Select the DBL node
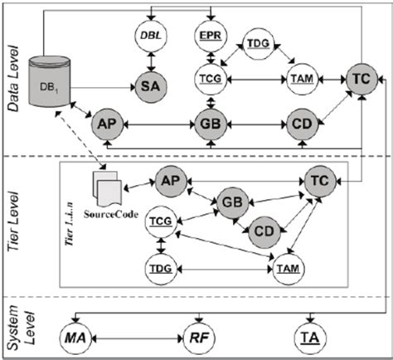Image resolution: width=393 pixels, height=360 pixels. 151,36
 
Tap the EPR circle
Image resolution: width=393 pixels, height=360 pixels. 211,36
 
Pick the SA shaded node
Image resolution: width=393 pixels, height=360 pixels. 151,87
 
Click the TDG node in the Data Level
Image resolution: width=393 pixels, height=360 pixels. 258,43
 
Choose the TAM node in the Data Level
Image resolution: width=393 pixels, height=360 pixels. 302,80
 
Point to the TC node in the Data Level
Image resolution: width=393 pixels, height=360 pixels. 361,79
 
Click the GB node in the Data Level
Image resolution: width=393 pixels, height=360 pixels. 211,124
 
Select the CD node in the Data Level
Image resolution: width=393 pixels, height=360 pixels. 302,124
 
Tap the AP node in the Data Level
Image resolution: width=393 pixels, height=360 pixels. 108,124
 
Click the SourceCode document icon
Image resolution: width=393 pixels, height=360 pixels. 106,189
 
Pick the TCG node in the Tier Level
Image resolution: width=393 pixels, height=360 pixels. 161,221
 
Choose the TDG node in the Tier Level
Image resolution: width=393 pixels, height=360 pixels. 161,269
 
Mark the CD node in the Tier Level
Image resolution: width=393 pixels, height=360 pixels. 264,232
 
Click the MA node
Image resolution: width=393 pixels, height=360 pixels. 75,338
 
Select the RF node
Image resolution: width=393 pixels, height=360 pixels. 199,338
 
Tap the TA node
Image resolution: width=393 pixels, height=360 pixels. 311,338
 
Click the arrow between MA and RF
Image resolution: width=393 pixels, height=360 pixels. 138,338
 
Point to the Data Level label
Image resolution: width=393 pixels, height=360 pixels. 13,78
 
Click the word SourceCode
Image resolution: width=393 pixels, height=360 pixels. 111,215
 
